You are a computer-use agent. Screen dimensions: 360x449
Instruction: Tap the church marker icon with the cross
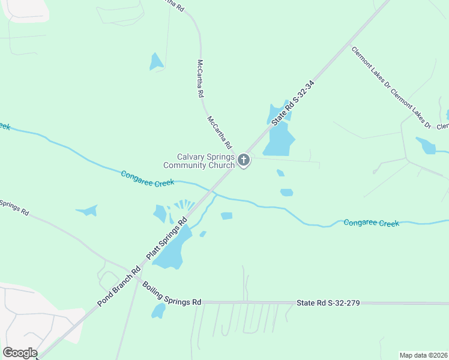click(244, 160)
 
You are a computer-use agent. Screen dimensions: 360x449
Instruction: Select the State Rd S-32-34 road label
click(293, 103)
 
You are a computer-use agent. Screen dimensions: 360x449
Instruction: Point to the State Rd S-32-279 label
click(328, 303)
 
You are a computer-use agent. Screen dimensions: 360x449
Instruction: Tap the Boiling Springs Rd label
click(172, 293)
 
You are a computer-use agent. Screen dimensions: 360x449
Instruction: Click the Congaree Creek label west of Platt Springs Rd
click(147, 178)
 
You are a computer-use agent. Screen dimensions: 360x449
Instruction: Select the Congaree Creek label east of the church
click(371, 223)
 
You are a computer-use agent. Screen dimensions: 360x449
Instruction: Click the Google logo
click(20, 353)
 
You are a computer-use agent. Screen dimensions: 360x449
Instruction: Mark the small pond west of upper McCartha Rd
click(156, 61)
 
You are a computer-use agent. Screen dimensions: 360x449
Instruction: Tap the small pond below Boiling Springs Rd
click(158, 311)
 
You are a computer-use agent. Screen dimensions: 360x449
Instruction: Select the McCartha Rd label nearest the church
click(220, 132)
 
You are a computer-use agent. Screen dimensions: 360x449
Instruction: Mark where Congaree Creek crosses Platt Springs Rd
click(211, 192)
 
